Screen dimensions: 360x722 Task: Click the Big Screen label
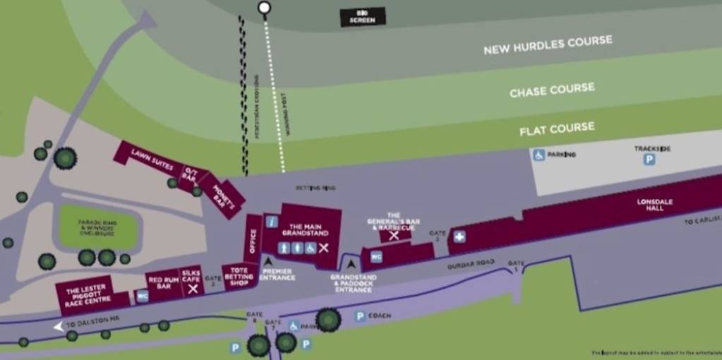pos(363,16)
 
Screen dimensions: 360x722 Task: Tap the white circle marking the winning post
pos(265,8)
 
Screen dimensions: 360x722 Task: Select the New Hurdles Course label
pos(548,45)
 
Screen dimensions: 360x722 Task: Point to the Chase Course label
pos(552,90)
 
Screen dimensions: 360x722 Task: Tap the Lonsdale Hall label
pos(654,204)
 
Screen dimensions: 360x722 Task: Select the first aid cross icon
pos(459,237)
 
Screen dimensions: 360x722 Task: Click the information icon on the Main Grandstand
pos(272,221)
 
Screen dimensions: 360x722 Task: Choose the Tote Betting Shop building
pos(239,278)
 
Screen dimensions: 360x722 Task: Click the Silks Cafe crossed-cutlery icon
pos(192,289)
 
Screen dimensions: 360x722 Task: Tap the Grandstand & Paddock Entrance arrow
pos(351,265)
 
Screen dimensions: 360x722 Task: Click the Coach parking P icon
pos(360,316)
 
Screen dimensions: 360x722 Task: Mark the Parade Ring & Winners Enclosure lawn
pos(97,227)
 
